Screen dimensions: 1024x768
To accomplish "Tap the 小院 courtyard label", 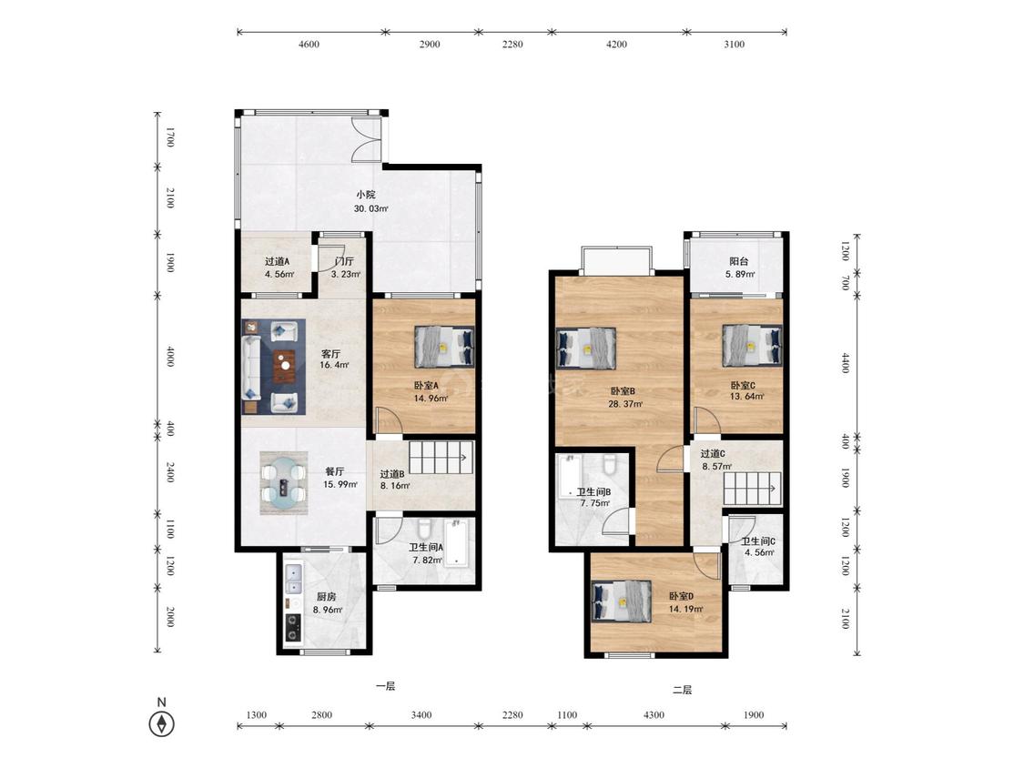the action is (x=366, y=195).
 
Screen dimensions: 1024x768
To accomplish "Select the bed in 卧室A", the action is (x=444, y=346).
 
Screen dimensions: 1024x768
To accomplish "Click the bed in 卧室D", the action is (x=622, y=601).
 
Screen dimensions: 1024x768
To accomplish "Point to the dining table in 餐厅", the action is (x=283, y=484).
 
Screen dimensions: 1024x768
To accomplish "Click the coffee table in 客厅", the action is (x=284, y=367).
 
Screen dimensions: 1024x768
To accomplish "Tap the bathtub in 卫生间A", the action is (x=457, y=543).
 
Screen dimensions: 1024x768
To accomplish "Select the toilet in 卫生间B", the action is (x=610, y=463).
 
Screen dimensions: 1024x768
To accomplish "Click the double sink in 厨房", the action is (x=293, y=579).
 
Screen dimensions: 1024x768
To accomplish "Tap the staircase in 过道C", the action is (x=751, y=489).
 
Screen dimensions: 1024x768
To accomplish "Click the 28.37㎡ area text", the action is (x=625, y=404).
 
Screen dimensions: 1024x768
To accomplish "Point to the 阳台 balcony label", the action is (x=738, y=261).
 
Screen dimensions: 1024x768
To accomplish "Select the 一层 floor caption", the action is (x=385, y=686).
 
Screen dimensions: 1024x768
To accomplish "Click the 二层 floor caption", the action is (x=682, y=690).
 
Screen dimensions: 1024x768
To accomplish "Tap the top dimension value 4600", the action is (x=309, y=45).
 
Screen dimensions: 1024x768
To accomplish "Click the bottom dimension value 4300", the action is (x=653, y=715).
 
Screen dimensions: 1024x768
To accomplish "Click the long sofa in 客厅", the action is (x=251, y=368).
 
